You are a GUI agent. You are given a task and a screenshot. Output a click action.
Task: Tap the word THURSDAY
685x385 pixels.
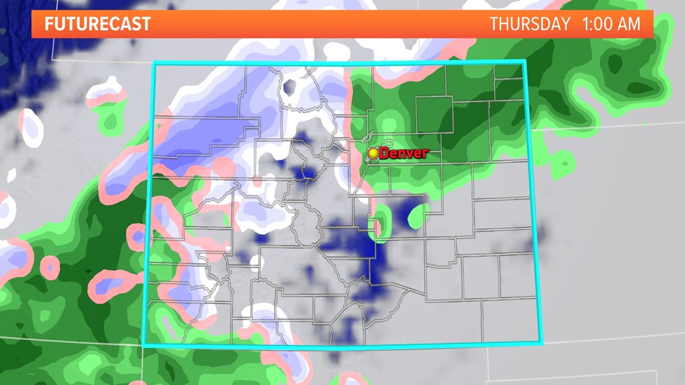pos(529,24)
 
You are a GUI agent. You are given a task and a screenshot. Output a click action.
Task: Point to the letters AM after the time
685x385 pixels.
pos(629,24)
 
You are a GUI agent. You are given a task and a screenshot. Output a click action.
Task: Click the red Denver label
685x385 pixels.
pos(404,153)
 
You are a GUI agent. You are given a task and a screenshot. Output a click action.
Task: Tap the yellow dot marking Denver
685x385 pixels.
pos(374,153)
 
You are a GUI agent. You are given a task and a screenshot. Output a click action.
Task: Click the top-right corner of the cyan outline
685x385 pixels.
pos(525,61)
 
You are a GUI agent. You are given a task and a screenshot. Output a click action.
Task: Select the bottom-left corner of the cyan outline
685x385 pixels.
pos(144,345)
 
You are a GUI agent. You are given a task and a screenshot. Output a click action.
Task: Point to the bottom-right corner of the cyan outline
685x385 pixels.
pos(543,343)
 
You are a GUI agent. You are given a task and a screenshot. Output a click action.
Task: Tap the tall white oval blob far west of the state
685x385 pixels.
pos(32,128)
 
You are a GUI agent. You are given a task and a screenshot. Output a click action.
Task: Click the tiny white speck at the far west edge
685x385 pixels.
pos(11,176)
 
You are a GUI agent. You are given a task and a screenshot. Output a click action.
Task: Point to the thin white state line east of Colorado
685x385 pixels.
pos(607,126)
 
